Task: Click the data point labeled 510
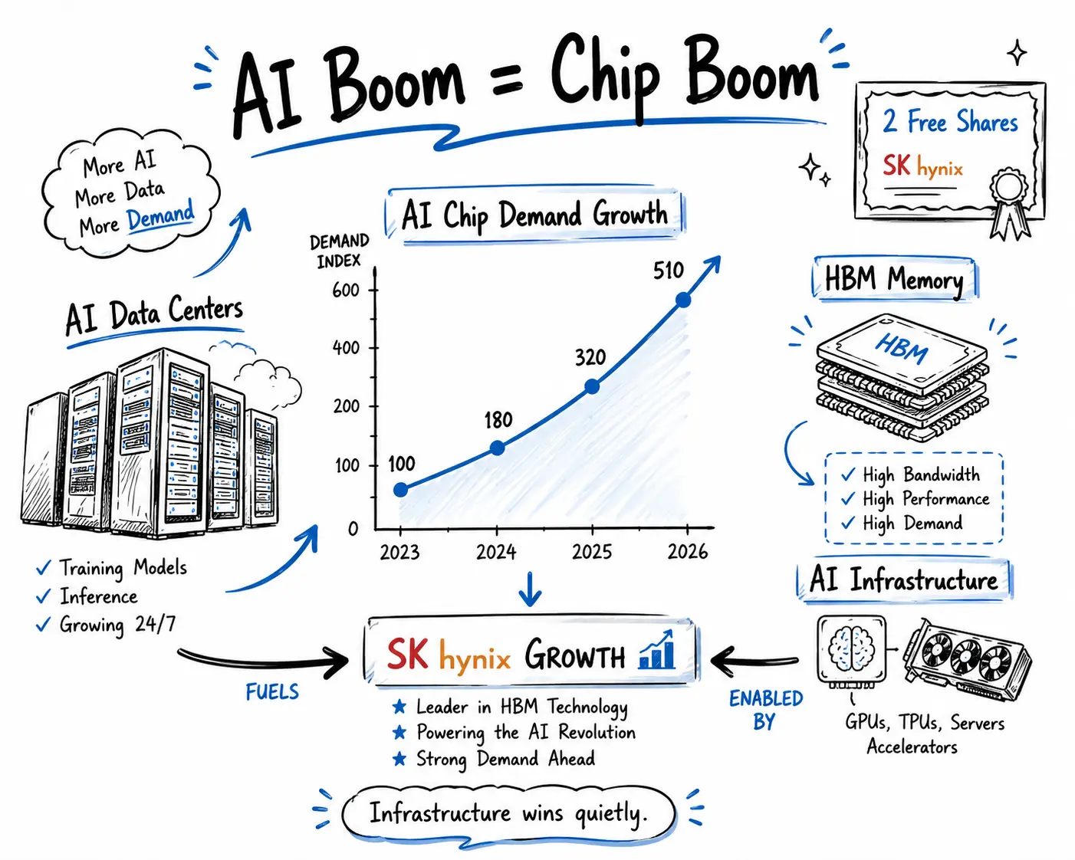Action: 683,300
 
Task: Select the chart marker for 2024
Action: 497,448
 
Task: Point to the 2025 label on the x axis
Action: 591,552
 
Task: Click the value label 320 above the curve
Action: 590,358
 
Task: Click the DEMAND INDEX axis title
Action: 339,251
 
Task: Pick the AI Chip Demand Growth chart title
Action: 534,215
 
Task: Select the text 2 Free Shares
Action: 950,121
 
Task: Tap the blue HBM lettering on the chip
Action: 902,347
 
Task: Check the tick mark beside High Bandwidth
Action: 848,474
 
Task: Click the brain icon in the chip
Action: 851,648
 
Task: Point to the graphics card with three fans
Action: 967,659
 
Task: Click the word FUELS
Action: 272,691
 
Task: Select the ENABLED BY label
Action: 765,710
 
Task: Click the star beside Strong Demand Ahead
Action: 399,759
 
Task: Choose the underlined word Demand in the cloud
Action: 160,215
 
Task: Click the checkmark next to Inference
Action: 44,596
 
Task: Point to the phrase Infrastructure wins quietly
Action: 508,813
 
